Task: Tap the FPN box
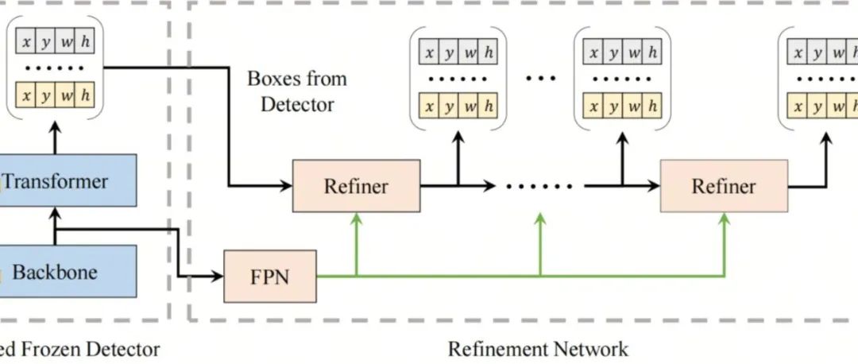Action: (269, 276)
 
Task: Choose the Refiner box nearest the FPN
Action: (356, 186)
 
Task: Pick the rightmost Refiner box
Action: (723, 186)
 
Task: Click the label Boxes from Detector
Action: (297, 91)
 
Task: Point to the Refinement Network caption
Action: (538, 349)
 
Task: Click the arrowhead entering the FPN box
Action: (218, 277)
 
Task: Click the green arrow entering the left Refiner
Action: (357, 227)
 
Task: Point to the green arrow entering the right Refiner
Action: (724, 227)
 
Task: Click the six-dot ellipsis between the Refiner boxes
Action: (540, 187)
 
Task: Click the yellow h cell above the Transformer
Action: (86, 95)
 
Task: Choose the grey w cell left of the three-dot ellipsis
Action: (470, 53)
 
